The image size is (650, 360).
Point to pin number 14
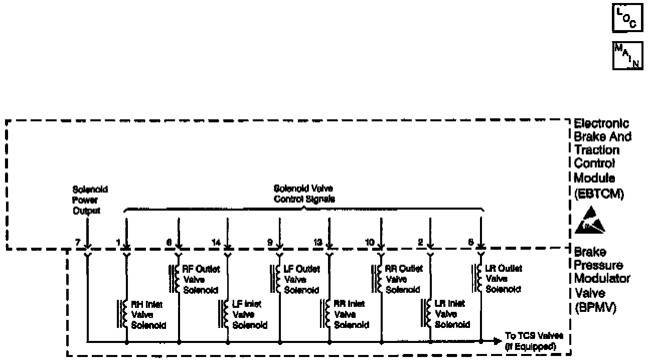click(x=216, y=242)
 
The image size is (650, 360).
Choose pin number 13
click(x=317, y=242)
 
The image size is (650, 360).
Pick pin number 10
click(x=370, y=242)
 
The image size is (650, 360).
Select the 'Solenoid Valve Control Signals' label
click(x=303, y=194)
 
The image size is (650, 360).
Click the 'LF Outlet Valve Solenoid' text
click(x=301, y=279)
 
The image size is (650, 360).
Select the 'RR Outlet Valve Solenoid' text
click(x=403, y=279)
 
